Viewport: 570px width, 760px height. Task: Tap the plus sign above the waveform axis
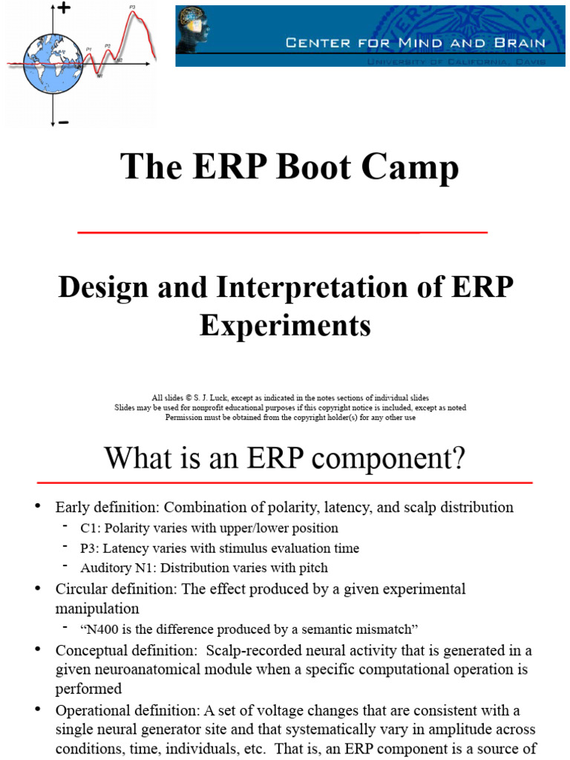64,8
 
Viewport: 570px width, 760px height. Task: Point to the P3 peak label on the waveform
132,7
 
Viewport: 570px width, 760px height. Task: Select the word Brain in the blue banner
522,43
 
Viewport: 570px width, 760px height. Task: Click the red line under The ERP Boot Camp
282,232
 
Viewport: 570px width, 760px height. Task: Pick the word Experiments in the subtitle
285,325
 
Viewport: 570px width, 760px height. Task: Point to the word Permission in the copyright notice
183,417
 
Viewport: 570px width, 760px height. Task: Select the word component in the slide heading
390,458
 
